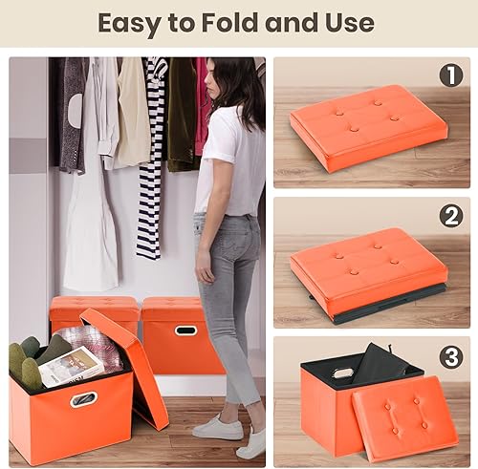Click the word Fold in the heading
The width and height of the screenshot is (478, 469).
point(238,22)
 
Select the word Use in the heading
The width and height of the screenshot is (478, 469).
point(346,22)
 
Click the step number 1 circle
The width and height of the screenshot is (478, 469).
point(450,75)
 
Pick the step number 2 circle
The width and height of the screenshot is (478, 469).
point(450,216)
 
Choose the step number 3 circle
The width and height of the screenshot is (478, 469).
point(450,355)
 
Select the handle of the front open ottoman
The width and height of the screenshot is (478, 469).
point(84,398)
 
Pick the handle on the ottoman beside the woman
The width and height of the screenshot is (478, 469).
point(185,330)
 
